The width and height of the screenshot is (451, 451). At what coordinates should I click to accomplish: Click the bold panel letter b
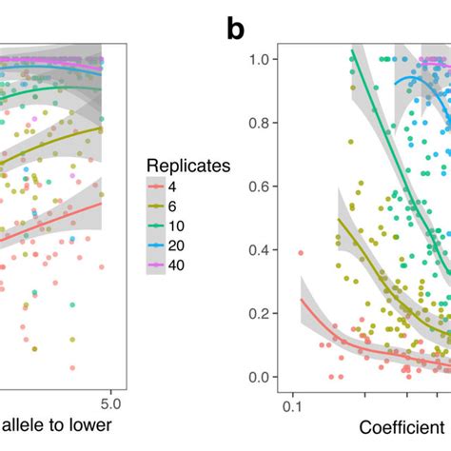(236, 29)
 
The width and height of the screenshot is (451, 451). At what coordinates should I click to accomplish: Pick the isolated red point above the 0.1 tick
(301, 253)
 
